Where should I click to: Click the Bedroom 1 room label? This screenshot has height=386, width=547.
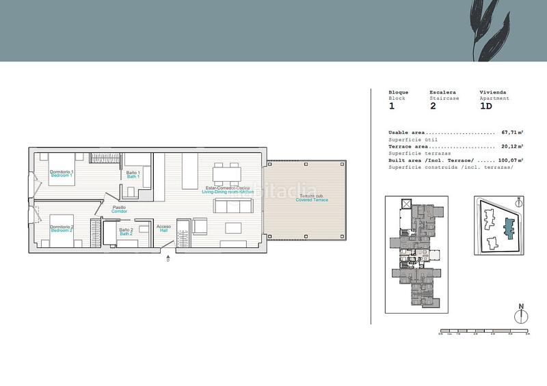[x=62, y=174]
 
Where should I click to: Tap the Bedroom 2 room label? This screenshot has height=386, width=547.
[x=62, y=228]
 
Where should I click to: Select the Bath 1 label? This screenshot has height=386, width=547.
[x=133, y=175]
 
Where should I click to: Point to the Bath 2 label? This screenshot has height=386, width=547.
[x=126, y=232]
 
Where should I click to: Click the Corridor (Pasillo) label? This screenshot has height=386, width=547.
[x=120, y=209]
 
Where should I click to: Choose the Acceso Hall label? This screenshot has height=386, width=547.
[x=163, y=228]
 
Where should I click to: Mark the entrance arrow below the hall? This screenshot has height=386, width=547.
[x=168, y=257]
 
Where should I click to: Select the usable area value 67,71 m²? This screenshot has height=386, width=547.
[x=512, y=133]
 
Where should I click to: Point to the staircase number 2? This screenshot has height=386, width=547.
[x=433, y=107]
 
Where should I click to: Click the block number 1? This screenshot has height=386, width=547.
[x=392, y=107]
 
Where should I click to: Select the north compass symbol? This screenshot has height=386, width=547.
[x=521, y=315]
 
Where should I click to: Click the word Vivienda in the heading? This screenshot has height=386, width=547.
[x=492, y=92]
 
